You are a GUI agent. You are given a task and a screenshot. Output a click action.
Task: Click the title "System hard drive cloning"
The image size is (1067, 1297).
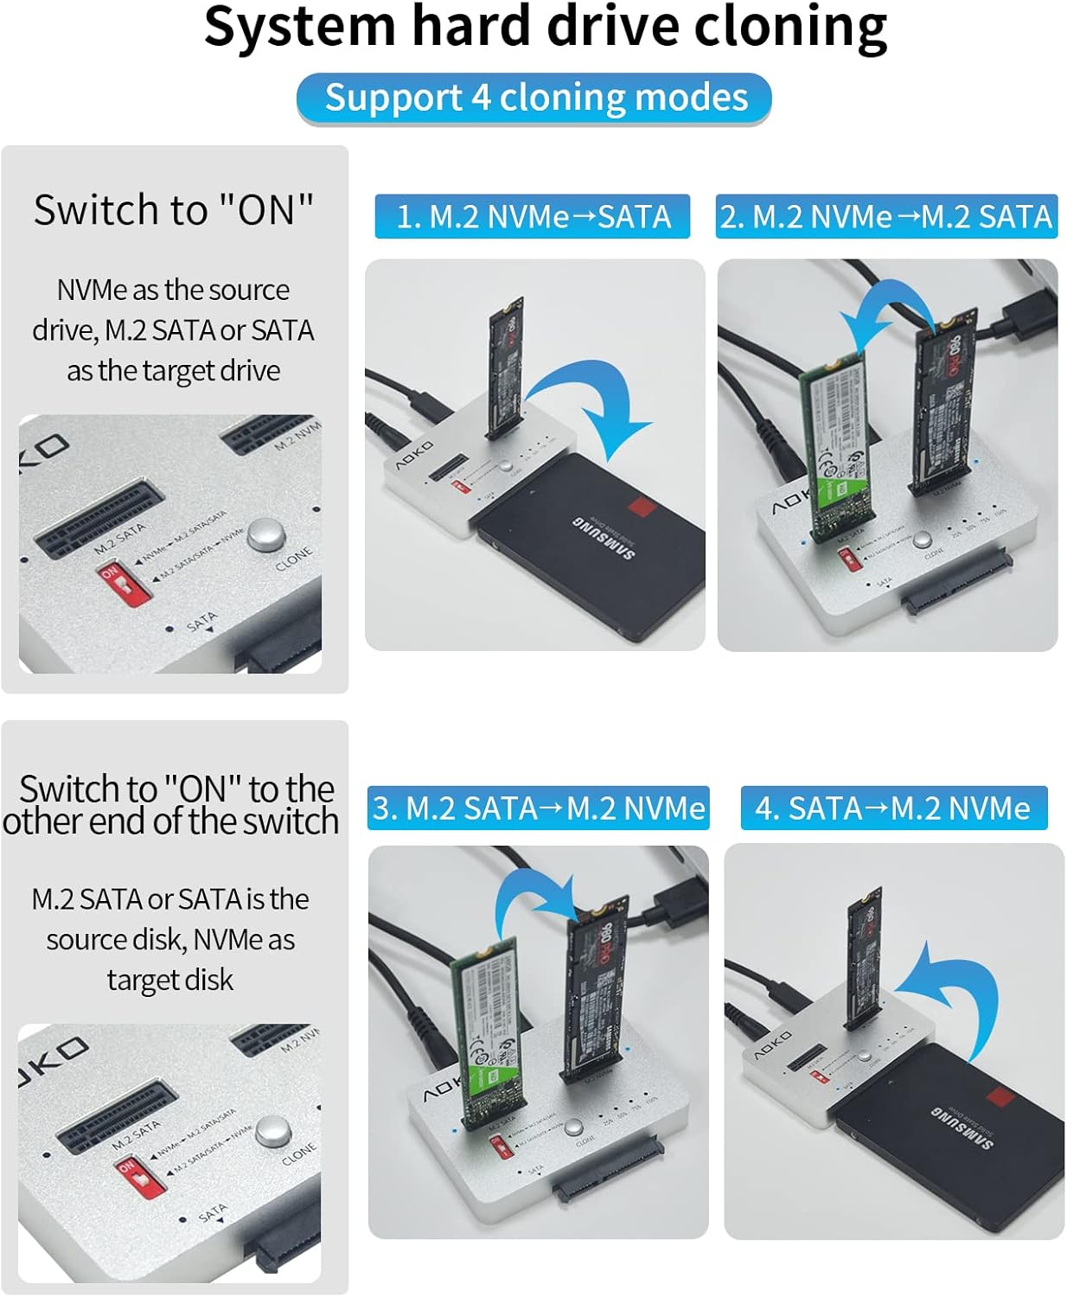click(x=545, y=28)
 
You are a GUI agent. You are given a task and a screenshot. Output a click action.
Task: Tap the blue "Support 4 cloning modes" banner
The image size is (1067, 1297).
click(x=534, y=98)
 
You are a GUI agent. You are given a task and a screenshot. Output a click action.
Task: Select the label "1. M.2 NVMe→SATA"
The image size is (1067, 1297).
click(x=533, y=216)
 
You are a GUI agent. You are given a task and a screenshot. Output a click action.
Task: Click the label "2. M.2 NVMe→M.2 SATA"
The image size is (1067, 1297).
click(x=886, y=216)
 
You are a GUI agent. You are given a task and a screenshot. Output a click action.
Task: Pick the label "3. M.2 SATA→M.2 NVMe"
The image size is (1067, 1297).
click(x=538, y=808)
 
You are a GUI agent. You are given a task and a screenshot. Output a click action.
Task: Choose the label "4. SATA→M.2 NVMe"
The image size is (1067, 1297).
click(x=893, y=808)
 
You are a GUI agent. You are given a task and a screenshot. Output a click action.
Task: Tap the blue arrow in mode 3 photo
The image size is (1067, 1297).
click(x=536, y=899)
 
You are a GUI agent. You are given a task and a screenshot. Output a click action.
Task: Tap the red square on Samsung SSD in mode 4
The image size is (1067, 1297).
click(x=1001, y=1100)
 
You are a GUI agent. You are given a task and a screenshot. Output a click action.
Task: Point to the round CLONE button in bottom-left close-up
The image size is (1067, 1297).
click(x=273, y=1130)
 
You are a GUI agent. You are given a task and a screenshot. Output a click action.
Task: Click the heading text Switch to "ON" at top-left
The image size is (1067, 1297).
click(x=173, y=210)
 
